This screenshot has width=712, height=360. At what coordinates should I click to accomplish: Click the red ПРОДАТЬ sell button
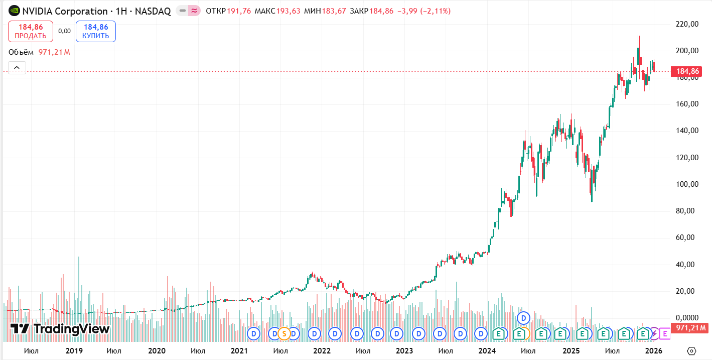[x=31, y=31]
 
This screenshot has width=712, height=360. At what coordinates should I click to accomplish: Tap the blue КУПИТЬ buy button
[x=96, y=31]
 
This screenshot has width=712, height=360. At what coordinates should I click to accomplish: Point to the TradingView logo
[x=60, y=329]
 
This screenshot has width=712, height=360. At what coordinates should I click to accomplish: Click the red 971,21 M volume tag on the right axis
[x=690, y=328]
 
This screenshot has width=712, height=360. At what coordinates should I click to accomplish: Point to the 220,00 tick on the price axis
[x=687, y=24]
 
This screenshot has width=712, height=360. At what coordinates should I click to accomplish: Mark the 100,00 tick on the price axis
[x=687, y=184]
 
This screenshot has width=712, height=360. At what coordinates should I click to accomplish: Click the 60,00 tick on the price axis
[x=687, y=237]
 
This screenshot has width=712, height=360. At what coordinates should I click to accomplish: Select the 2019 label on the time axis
[x=74, y=350]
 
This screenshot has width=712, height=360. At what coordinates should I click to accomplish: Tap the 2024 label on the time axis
[x=487, y=350]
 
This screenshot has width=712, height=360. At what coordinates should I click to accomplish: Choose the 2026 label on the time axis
[x=653, y=350]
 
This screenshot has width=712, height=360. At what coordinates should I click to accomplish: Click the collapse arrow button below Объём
[x=17, y=67]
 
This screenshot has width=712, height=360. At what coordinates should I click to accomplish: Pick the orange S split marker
[x=284, y=332]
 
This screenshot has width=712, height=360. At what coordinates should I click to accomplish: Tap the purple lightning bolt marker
[x=654, y=332]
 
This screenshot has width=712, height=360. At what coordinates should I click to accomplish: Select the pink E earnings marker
[x=665, y=332]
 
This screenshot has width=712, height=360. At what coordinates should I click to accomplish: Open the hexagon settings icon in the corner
[x=692, y=350]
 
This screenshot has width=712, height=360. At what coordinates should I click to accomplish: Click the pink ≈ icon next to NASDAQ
[x=194, y=11]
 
